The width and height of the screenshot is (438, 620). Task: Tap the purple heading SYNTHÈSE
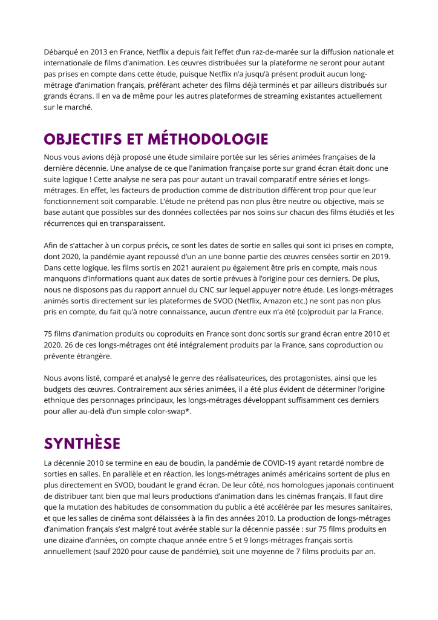82,444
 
